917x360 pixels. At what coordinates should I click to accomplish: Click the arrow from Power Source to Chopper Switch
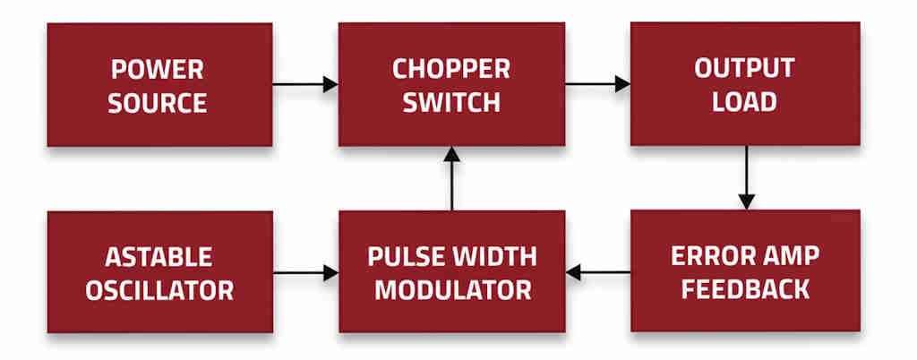[x=304, y=84]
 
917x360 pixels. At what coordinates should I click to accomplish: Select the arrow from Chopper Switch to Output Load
[x=597, y=84]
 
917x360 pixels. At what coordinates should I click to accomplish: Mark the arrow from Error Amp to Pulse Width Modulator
[x=598, y=271]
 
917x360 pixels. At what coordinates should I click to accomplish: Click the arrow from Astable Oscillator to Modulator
[x=305, y=271]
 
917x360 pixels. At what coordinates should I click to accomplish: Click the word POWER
[x=158, y=68]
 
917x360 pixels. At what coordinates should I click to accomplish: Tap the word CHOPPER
[x=451, y=68]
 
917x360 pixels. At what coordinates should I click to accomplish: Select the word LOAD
[x=744, y=102]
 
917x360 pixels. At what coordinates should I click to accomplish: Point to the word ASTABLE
[x=159, y=257]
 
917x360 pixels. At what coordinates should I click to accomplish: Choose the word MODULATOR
[x=452, y=290]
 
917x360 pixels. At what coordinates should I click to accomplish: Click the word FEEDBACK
[x=744, y=290]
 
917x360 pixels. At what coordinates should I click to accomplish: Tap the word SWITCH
[x=451, y=102]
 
